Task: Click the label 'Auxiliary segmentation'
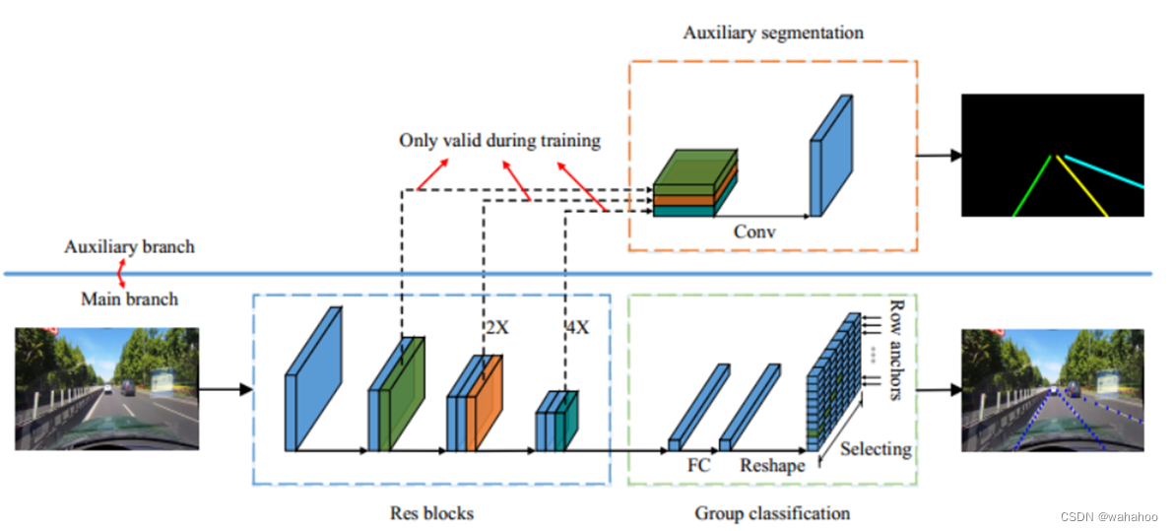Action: [773, 33]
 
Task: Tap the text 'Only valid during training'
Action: [499, 140]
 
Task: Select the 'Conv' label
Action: [756, 233]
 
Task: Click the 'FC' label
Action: [697, 464]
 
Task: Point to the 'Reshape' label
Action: [772, 465]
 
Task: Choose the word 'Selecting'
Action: [875, 449]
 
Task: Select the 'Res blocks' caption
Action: [431, 513]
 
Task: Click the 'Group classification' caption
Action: [772, 513]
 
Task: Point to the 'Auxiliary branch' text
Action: [129, 246]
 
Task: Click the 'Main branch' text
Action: [129, 298]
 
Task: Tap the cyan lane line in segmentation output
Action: [1103, 170]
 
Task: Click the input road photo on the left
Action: [106, 388]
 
